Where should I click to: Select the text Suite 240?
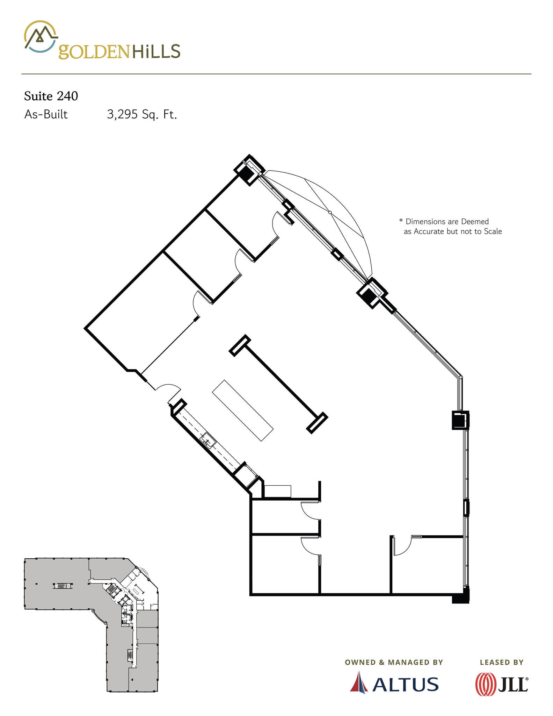(x=51, y=96)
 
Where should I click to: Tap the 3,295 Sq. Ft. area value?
(x=142, y=114)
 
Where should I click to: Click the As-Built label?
(x=46, y=114)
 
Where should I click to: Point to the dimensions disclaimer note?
(x=451, y=226)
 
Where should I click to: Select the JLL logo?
(x=502, y=685)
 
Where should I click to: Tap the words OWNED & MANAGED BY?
(x=394, y=662)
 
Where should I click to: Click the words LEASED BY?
(x=502, y=662)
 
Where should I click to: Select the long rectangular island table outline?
(x=243, y=410)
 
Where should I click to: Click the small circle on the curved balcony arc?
(x=330, y=212)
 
